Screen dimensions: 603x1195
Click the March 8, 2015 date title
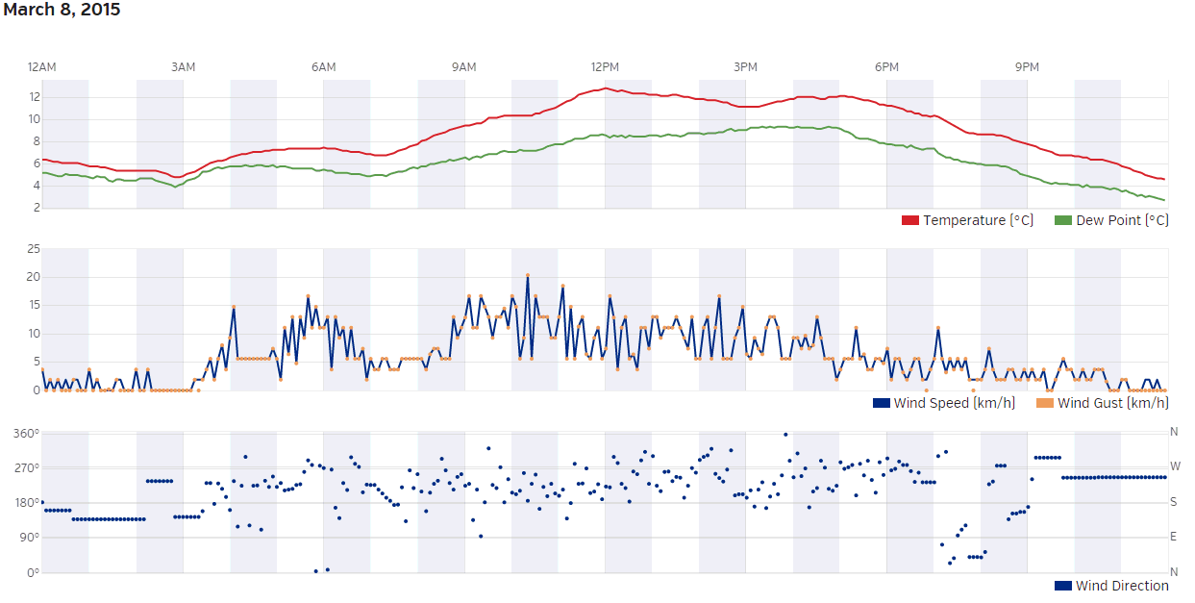click(x=62, y=11)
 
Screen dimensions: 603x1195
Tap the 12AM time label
click(x=42, y=67)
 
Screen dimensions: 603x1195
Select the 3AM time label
click(x=183, y=67)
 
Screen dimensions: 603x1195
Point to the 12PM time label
click(x=605, y=67)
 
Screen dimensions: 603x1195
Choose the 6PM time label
click(x=886, y=67)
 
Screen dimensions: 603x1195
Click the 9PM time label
click(x=1027, y=67)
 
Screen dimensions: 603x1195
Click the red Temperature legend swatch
click(x=910, y=221)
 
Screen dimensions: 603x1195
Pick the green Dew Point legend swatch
click(x=1063, y=221)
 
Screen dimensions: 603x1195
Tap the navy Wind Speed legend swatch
click(x=881, y=403)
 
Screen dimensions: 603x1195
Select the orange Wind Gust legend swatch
click(x=1045, y=403)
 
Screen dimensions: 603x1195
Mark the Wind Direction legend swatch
click(x=1063, y=586)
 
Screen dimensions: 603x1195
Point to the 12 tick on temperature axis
click(x=35, y=97)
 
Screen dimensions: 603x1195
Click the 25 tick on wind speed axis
click(x=34, y=249)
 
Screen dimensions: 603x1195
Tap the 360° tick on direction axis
click(x=26, y=434)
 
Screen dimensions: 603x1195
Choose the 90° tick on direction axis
click(x=29, y=538)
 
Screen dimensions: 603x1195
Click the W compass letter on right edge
click(x=1174, y=467)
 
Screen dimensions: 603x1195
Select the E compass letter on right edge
click(x=1174, y=538)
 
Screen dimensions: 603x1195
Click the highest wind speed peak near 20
click(x=528, y=275)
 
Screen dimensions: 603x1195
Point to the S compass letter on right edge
click(x=1174, y=502)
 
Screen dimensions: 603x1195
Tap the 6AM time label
click(x=324, y=67)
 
